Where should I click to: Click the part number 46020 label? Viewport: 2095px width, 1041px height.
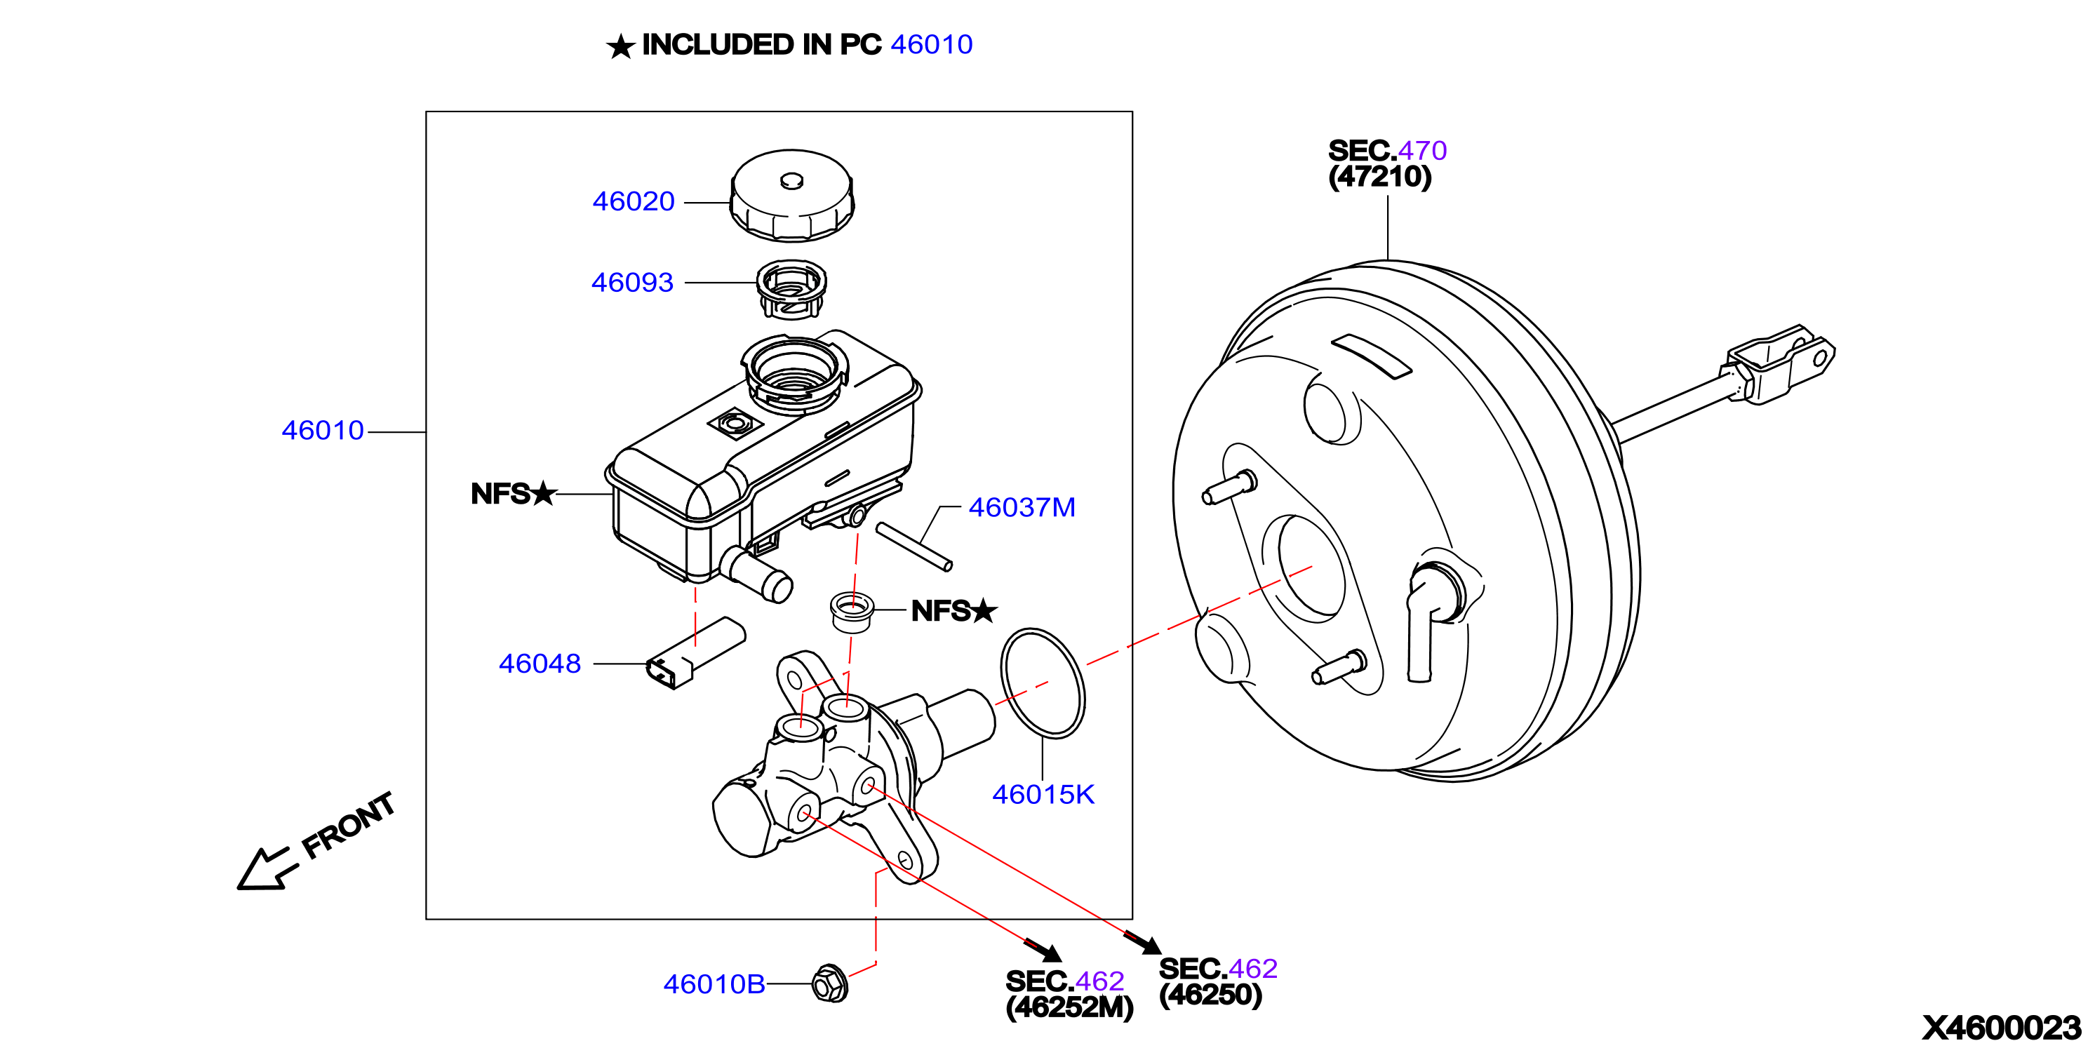(x=634, y=201)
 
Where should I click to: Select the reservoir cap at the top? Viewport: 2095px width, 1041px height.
(x=792, y=195)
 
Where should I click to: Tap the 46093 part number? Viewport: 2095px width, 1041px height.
(x=633, y=282)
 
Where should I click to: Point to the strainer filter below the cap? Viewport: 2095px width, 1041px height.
(x=791, y=290)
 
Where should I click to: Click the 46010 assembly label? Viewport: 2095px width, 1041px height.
(x=323, y=430)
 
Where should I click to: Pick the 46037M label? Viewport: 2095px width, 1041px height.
(x=1022, y=507)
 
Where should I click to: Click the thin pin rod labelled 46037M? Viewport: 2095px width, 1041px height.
(x=914, y=547)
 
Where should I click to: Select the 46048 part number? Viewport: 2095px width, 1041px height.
(x=540, y=664)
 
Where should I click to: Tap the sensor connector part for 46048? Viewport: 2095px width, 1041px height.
(x=695, y=653)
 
